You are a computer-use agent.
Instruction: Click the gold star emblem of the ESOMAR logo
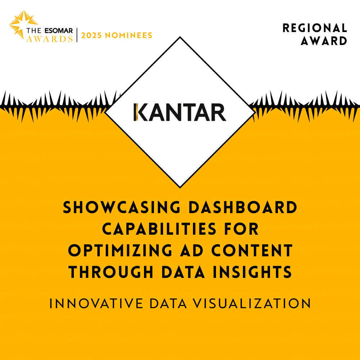(23, 25)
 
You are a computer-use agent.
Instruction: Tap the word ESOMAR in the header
(59, 31)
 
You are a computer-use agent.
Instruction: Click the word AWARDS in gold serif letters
(50, 39)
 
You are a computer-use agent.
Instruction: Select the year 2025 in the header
(91, 35)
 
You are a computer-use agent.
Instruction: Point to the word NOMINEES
(129, 35)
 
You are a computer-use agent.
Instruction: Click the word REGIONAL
(315, 28)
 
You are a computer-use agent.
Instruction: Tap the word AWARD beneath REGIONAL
(324, 41)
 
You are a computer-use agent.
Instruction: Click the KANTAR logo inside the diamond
(180, 112)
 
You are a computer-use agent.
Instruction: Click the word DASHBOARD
(243, 207)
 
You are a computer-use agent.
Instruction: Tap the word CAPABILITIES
(159, 229)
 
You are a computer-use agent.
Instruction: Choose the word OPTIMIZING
(120, 250)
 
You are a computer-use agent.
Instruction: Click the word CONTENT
(252, 250)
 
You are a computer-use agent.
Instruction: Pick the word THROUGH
(111, 272)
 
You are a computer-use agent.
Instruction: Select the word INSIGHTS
(252, 272)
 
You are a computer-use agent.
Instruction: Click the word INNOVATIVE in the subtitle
(96, 303)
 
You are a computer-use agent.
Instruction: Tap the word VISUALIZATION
(252, 303)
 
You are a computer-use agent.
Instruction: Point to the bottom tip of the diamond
(180, 188)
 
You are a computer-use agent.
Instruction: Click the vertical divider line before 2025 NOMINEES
(77, 35)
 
